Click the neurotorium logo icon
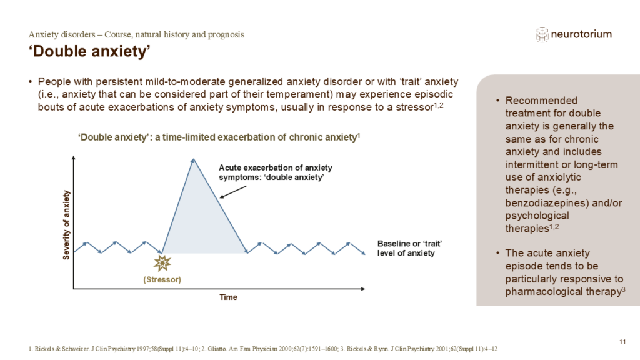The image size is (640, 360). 542,34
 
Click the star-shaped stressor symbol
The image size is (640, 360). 162,263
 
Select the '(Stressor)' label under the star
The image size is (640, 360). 162,279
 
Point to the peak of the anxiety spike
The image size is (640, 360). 193,159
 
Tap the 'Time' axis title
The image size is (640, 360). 228,297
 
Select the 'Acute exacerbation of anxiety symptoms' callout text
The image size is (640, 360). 276,172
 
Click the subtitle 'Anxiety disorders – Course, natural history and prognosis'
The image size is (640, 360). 137,34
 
